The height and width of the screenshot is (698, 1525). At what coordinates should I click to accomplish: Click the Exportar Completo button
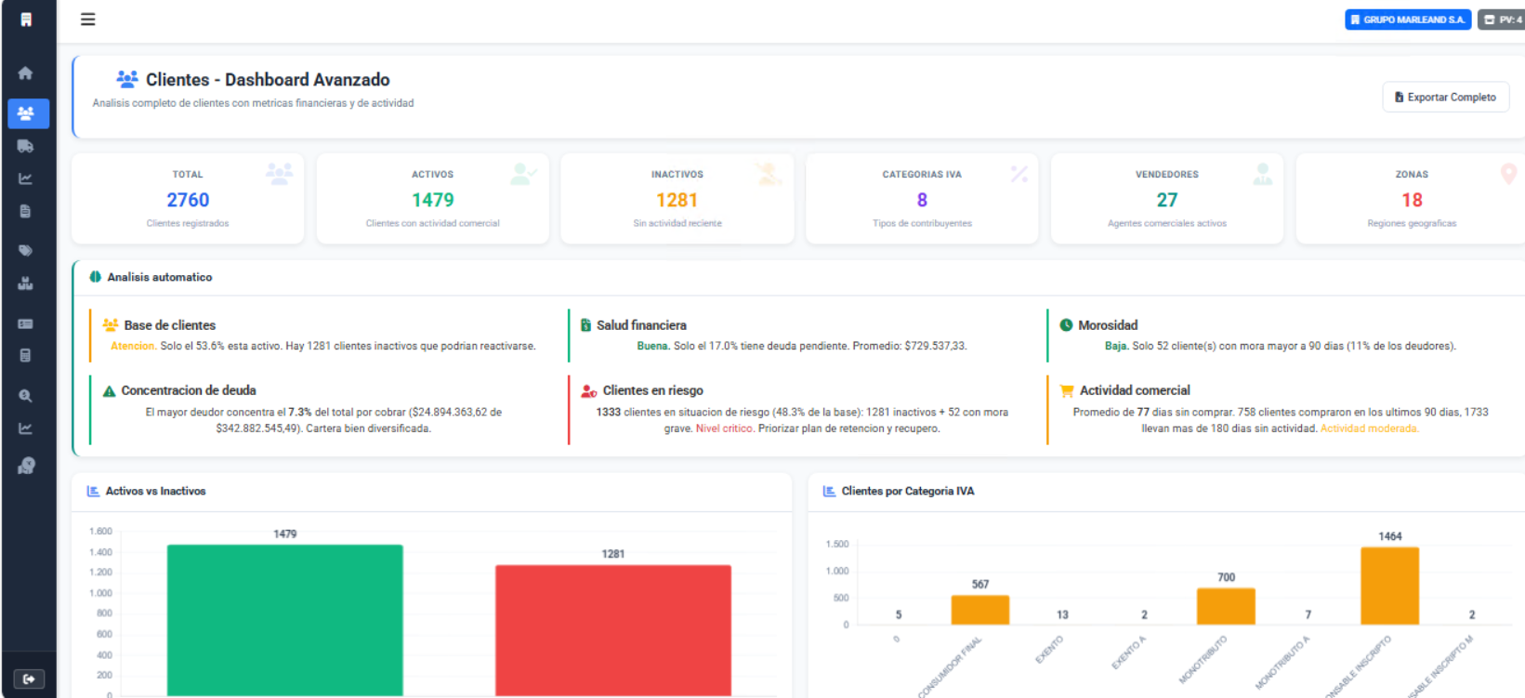coord(1445,97)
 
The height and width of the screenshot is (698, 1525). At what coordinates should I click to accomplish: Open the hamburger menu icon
coord(88,20)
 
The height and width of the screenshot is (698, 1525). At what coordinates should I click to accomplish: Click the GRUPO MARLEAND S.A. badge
coord(1407,20)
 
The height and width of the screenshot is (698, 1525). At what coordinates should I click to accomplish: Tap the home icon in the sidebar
coord(26,73)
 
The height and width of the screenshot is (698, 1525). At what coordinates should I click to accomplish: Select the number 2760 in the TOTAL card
coord(188,200)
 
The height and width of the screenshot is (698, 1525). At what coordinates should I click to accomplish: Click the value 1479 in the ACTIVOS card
coord(432,200)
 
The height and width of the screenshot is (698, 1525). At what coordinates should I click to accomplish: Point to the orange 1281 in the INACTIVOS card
coord(677,200)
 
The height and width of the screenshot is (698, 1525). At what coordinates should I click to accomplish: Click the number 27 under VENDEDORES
coord(1166,200)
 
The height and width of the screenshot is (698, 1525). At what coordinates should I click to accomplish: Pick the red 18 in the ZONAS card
coord(1412,200)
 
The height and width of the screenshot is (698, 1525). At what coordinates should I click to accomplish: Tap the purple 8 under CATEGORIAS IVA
coord(922,200)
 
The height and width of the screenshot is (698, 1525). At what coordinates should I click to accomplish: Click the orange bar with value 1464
coord(1389,586)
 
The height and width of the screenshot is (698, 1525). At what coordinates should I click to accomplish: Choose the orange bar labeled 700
coord(1226,606)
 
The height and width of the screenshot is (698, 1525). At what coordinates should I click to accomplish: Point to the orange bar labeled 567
coord(979,610)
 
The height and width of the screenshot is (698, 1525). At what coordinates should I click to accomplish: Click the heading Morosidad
coord(1107,325)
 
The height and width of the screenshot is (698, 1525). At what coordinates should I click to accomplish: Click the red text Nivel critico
coord(724,428)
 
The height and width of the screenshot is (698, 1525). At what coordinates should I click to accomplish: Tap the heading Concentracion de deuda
coord(189,390)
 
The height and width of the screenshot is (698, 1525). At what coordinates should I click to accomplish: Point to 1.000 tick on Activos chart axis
coord(100,593)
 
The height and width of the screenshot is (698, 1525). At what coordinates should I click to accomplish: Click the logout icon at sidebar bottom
coord(28,679)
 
